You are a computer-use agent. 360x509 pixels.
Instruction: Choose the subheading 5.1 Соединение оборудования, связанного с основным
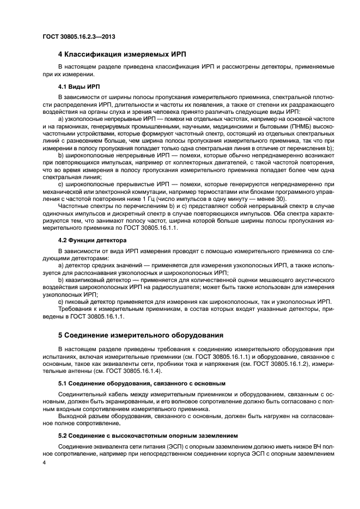142,384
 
